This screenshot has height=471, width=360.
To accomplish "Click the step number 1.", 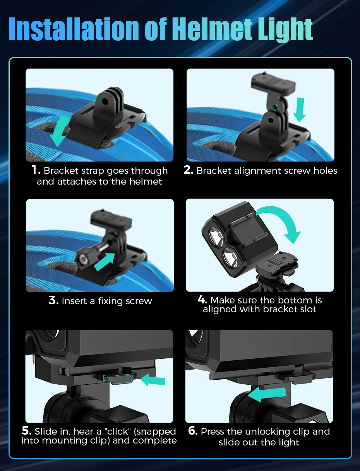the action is (x=36, y=170).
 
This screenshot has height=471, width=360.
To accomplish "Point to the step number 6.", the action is (x=193, y=431).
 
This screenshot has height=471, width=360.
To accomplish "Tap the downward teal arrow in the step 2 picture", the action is (x=300, y=110).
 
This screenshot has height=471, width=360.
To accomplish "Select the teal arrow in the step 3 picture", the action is (x=105, y=262).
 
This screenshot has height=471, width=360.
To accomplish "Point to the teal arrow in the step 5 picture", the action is (x=153, y=380).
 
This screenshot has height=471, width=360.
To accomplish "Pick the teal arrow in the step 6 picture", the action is (x=267, y=394).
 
